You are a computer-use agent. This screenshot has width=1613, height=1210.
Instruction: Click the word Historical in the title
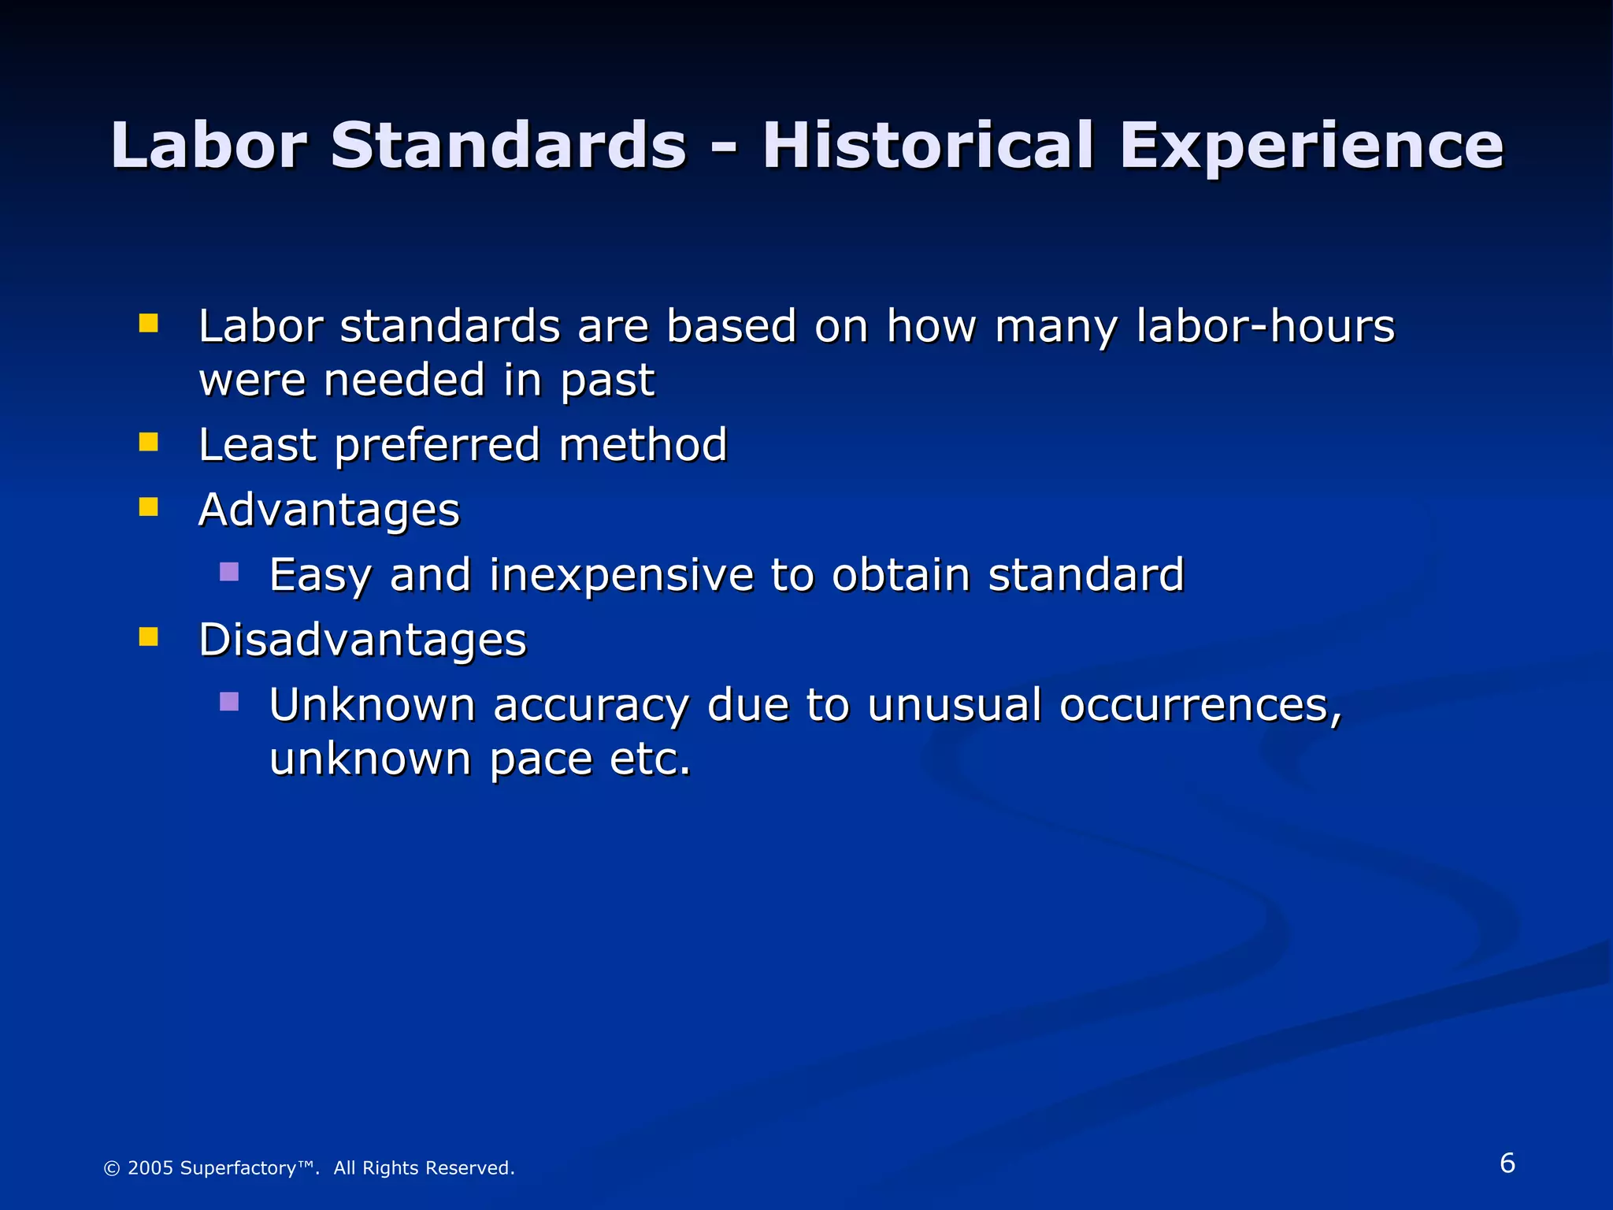coord(928,146)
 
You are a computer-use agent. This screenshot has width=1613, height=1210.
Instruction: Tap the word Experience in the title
coord(1311,147)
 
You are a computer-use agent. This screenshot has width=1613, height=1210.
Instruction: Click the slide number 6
coord(1507,1163)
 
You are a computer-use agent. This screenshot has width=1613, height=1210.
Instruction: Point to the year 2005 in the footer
coord(149,1167)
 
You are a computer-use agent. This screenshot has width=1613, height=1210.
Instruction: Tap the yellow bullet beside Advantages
coord(148,507)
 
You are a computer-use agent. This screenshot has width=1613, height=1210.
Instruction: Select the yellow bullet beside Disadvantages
coord(148,636)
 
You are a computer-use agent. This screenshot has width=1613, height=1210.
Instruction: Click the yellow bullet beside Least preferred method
coord(148,442)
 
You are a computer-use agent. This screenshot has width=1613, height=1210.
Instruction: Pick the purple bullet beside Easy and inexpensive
coord(229,571)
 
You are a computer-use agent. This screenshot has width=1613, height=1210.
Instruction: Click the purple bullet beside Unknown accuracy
coord(229,701)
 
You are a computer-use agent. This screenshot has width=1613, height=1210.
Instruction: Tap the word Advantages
coord(328,510)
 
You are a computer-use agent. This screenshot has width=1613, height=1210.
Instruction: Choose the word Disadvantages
coord(362,639)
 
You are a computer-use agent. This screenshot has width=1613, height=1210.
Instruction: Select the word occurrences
coord(1200,704)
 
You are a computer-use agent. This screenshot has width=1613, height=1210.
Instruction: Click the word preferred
coord(437,446)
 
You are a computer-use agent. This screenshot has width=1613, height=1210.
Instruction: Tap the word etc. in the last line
coord(650,759)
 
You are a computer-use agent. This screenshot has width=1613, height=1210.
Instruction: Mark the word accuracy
coord(591,706)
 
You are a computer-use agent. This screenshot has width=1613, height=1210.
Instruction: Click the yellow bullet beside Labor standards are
coord(148,323)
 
